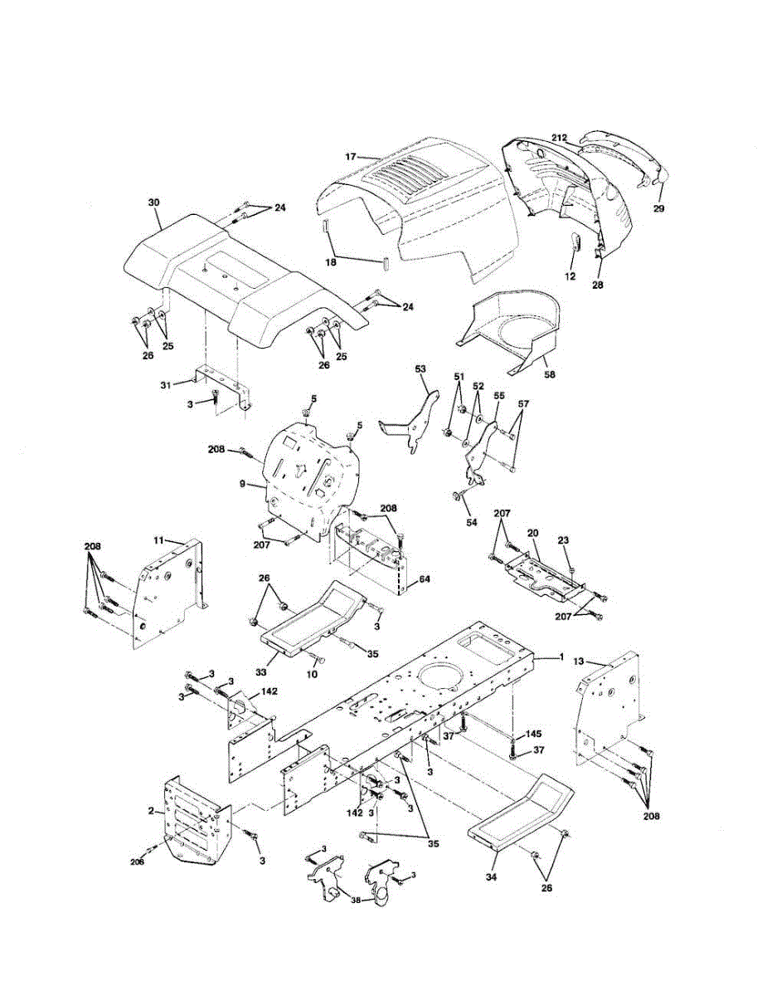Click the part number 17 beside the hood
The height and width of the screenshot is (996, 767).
[351, 157]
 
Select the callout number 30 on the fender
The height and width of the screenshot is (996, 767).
[154, 203]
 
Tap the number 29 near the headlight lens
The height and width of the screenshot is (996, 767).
[658, 208]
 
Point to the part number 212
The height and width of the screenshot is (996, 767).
[559, 138]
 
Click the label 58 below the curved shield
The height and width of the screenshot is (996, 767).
[550, 374]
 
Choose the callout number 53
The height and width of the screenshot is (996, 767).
[420, 369]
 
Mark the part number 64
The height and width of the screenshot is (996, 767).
[424, 579]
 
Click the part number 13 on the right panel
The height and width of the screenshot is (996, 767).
[579, 661]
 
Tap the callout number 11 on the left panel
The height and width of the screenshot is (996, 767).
[158, 540]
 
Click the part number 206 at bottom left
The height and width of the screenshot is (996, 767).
[137, 862]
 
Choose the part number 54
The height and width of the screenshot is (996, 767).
[471, 522]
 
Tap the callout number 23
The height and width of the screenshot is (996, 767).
[563, 540]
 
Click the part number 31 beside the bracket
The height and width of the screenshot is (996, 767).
[166, 385]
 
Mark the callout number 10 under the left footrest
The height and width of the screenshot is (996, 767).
[313, 675]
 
